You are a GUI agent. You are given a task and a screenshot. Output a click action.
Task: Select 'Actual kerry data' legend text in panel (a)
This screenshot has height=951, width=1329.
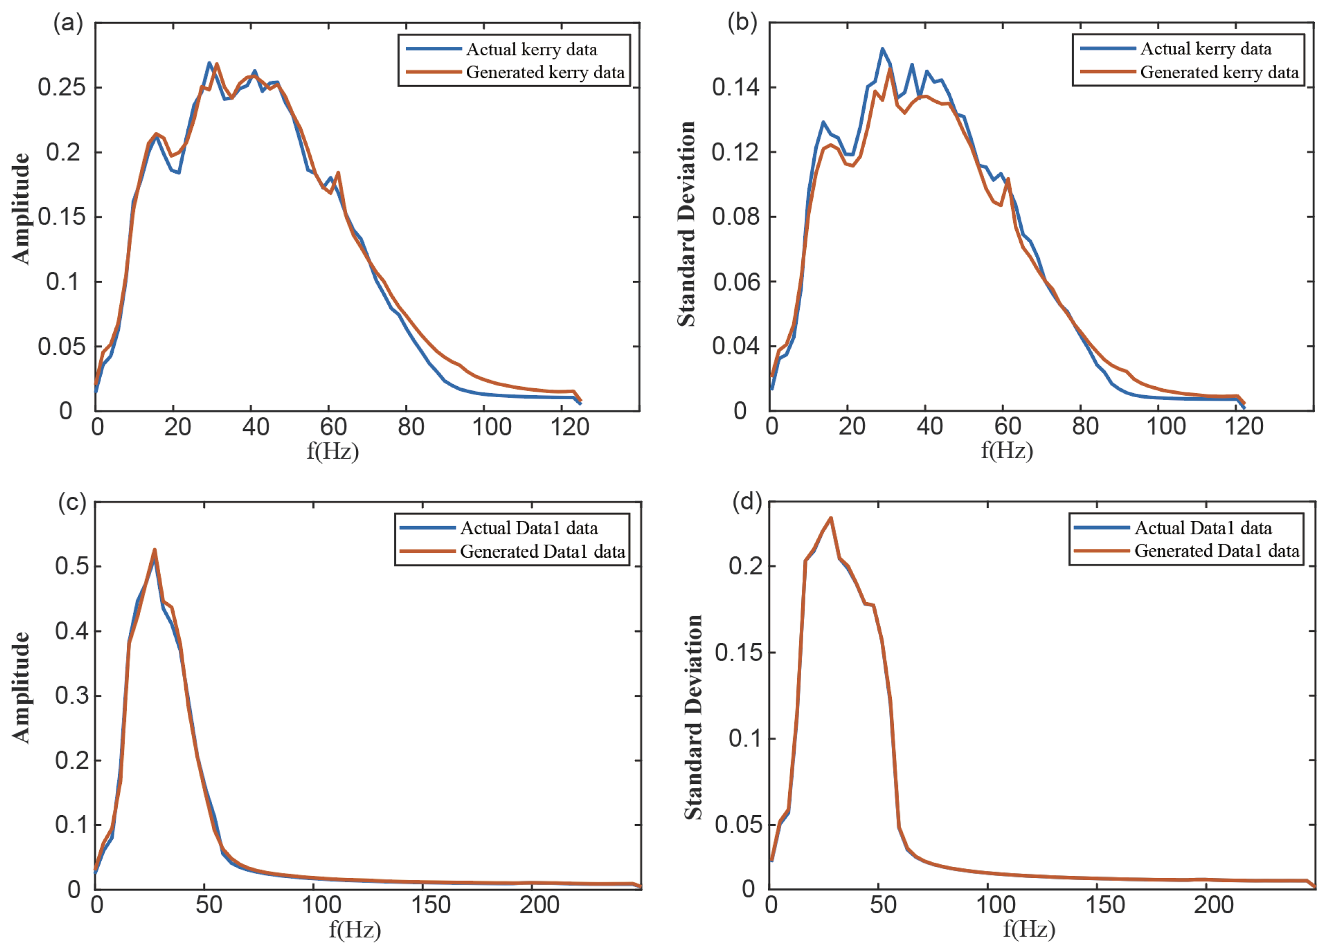[531, 49]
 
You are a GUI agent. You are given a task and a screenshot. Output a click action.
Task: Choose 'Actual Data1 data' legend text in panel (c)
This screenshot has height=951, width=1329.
[528, 528]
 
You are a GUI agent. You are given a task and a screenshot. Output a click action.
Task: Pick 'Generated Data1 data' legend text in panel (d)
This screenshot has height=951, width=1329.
[1217, 551]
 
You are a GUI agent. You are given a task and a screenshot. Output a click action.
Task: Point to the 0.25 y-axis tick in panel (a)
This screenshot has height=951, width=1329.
[61, 87]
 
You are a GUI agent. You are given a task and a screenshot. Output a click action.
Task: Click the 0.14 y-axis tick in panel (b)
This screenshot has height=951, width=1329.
[736, 87]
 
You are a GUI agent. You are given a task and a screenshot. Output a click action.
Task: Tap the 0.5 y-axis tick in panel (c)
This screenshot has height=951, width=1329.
[72, 566]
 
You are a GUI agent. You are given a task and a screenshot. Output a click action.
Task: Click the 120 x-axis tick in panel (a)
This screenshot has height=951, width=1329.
[570, 427]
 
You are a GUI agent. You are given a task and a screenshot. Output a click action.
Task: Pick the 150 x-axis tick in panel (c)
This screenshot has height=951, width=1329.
[431, 905]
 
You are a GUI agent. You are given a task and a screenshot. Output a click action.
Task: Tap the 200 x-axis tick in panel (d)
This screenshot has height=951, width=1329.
[1214, 905]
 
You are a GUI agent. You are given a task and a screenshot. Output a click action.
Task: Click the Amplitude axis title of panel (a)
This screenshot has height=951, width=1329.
[21, 208]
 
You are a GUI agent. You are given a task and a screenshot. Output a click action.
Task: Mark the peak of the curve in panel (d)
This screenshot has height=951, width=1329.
[830, 518]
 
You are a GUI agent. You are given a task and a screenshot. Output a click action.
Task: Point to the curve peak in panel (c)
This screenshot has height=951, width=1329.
[154, 549]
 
